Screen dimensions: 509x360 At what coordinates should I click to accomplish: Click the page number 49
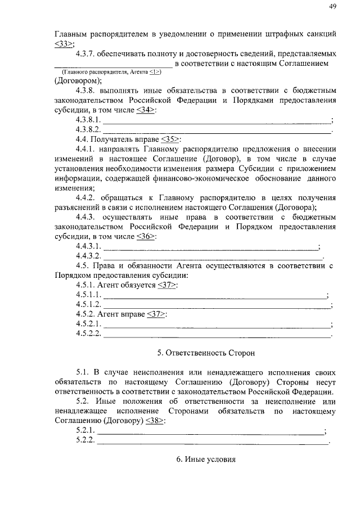pos(332,7)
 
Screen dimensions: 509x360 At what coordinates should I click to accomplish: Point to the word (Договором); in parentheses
pos(78,80)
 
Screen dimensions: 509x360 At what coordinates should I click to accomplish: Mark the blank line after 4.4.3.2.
pos(214,256)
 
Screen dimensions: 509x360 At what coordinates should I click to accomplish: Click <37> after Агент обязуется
pos(166,286)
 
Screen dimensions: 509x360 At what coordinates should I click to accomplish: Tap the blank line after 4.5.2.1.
pos(217,325)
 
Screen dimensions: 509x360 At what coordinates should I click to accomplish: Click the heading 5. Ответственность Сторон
pos(206,353)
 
